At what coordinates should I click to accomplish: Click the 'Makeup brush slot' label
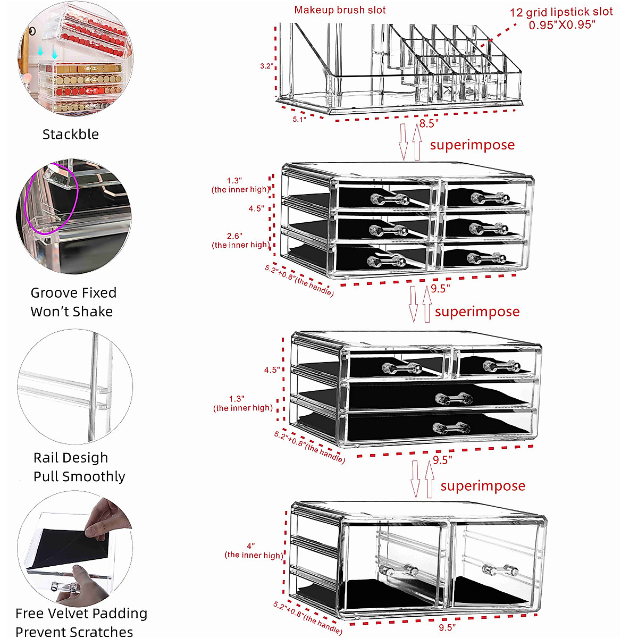coord(340,10)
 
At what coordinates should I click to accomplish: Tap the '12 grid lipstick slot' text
coord(561,12)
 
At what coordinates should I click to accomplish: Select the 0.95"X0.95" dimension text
coord(562,25)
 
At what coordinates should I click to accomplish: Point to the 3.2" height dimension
coord(266,66)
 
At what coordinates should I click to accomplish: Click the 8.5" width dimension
coord(429,123)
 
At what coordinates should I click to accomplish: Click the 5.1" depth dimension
coord(299,120)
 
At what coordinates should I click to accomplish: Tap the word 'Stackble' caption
coord(71,134)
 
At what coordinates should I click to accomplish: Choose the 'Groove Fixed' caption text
coord(73,293)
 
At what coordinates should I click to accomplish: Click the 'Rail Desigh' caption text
coord(71,458)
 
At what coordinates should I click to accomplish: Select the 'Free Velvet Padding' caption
coord(81,614)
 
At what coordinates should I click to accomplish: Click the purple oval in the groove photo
coord(52,199)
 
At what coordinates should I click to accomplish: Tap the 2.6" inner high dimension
coord(234,236)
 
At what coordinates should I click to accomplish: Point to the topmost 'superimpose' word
coord(472,145)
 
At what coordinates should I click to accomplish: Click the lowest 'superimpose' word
coord(483,486)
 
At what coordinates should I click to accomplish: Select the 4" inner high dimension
coord(250,546)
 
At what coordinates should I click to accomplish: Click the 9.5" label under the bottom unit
coord(447,627)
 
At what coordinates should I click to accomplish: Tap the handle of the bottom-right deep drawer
coord(500,570)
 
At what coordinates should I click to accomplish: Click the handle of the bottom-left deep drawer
coord(399,570)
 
